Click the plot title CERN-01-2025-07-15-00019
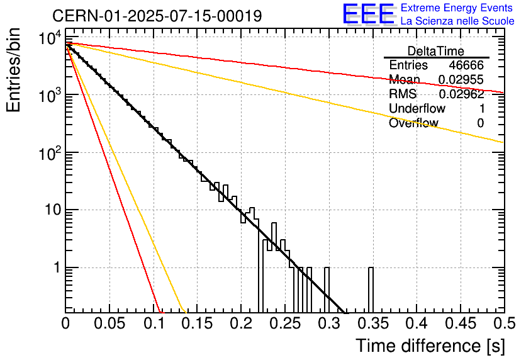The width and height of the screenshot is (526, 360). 157,16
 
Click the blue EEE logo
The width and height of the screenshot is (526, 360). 368,14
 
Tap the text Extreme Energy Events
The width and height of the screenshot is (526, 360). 457,8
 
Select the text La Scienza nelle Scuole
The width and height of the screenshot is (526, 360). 457,21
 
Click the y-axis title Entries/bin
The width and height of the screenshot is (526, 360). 13,70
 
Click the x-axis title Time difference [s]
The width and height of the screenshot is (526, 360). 430,346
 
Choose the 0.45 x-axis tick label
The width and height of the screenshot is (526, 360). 461,323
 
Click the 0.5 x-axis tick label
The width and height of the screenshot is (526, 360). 505,323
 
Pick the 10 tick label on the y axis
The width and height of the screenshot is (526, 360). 53,210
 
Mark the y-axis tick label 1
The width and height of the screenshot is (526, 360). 57,267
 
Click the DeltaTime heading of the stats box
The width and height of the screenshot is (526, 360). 436,51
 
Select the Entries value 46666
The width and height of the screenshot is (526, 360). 466,65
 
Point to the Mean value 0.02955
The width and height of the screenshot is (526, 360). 461,79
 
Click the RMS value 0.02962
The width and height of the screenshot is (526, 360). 461,94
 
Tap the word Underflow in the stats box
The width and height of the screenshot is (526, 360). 417,108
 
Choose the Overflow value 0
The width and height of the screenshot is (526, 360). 480,123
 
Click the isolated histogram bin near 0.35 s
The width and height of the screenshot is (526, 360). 371,290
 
